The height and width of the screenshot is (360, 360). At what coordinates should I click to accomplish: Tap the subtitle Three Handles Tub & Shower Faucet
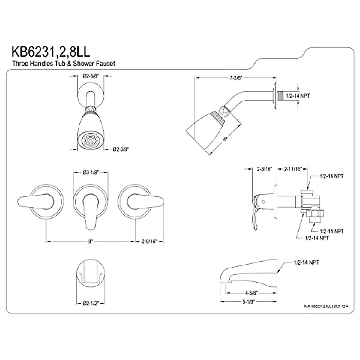click(64, 64)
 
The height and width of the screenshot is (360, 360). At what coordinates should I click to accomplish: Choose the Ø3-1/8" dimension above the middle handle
click(91, 172)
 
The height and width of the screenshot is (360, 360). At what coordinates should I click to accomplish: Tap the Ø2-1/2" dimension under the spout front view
click(91, 303)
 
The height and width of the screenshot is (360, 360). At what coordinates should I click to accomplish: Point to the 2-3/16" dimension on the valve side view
click(265, 169)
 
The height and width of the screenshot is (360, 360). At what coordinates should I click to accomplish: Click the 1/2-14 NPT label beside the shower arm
click(298, 96)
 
